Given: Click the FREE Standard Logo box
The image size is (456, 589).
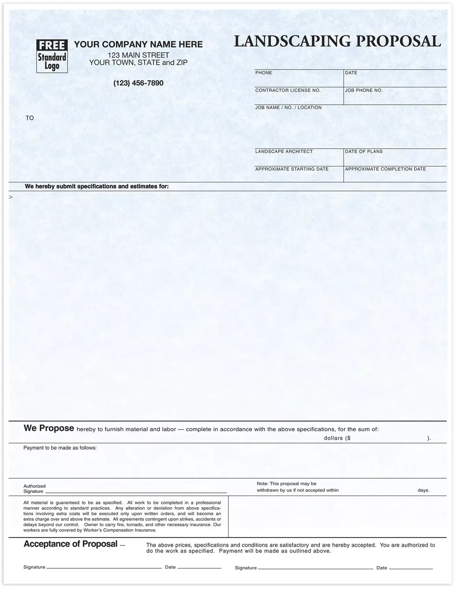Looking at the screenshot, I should [x=52, y=56].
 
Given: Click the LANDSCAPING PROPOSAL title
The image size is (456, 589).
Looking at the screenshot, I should [x=338, y=41].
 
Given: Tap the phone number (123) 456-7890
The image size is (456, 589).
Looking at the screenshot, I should [x=138, y=83].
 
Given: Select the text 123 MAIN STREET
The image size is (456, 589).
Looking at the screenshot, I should [x=138, y=55].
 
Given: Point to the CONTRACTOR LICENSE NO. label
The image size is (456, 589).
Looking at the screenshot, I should [x=288, y=91].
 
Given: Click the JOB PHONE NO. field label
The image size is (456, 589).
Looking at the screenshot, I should [x=364, y=91].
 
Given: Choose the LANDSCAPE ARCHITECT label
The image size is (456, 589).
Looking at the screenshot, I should [x=284, y=152].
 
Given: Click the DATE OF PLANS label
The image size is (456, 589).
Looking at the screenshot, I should [x=364, y=152].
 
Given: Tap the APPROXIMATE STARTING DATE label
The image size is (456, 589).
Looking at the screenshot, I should [x=292, y=169].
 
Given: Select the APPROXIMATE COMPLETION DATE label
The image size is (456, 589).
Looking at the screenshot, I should [x=385, y=169].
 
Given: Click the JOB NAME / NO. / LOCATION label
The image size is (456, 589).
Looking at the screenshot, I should [x=288, y=108].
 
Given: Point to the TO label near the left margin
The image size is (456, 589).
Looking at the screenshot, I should [x=30, y=118].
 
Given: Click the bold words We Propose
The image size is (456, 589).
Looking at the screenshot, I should [x=49, y=428].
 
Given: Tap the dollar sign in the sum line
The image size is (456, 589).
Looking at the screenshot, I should [x=348, y=438].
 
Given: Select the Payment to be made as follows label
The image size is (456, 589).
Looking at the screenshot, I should [x=60, y=448].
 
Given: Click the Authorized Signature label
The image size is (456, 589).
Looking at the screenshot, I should [x=34, y=489].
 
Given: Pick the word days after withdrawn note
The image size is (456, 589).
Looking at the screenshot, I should [x=423, y=491].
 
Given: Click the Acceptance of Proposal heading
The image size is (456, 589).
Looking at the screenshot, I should [x=70, y=544].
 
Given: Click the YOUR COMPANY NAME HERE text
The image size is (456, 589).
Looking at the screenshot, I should [x=138, y=44].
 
